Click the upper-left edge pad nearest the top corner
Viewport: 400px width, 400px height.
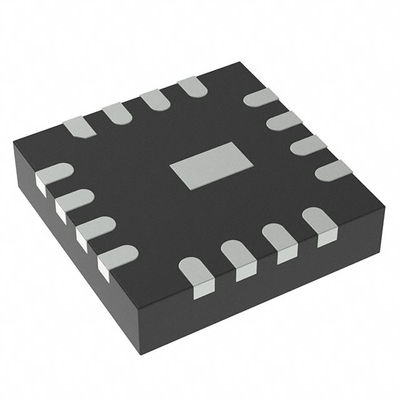tap(190, 89)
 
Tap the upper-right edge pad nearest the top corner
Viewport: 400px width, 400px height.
tap(260, 98)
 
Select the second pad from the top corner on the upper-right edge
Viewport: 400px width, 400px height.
tap(284, 121)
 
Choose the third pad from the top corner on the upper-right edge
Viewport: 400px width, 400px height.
tap(308, 145)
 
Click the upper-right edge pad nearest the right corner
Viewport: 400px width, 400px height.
tap(333, 170)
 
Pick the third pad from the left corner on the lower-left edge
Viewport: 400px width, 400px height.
tap(96, 231)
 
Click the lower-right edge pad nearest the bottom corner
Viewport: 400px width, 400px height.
tap(194, 271)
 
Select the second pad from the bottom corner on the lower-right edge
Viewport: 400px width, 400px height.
tap(238, 255)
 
